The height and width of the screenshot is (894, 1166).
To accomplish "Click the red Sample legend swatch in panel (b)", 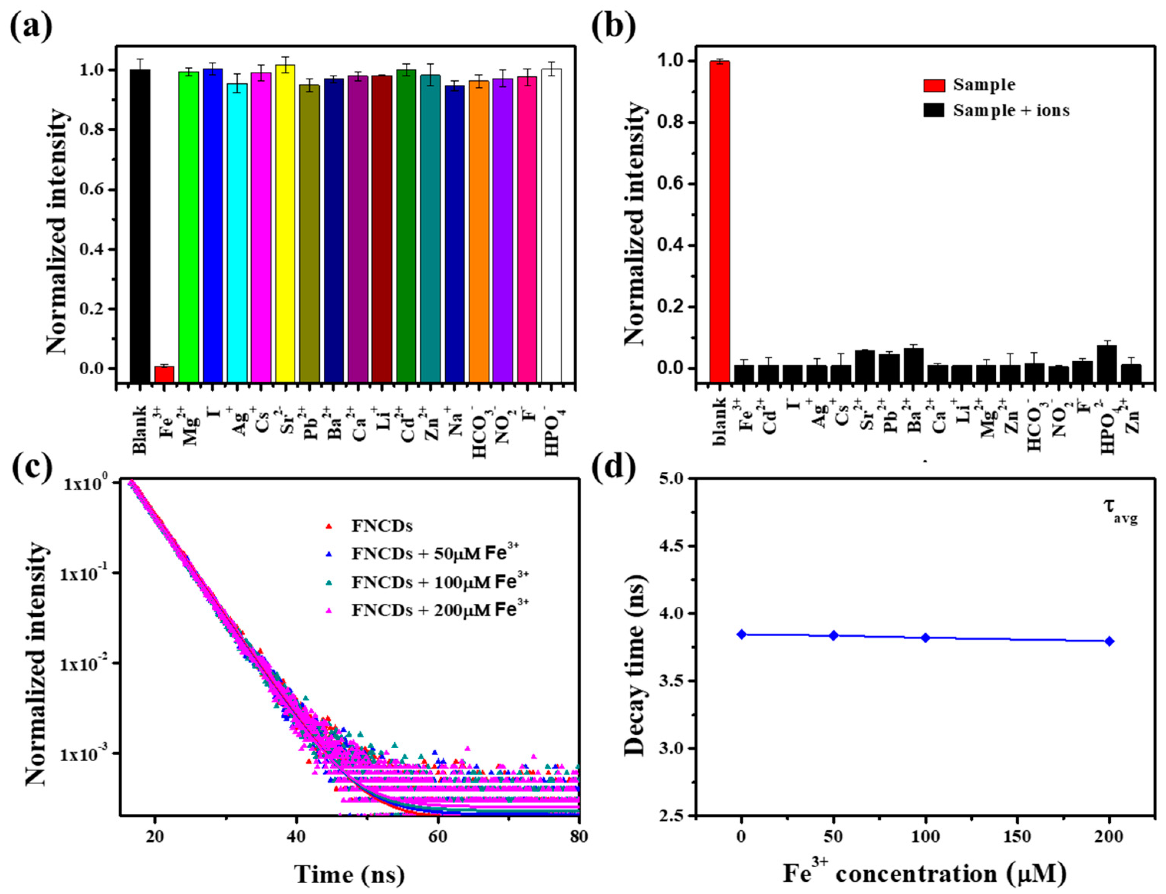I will (x=934, y=85).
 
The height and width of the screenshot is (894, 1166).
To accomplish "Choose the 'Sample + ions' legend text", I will (x=1011, y=111).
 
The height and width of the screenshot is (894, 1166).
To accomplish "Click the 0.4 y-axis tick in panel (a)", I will (x=95, y=250).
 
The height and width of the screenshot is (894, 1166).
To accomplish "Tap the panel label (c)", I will (x=31, y=468).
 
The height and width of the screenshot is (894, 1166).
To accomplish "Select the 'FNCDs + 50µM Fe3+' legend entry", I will (x=434, y=554).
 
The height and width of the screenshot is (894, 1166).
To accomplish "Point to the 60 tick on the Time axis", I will (x=438, y=836).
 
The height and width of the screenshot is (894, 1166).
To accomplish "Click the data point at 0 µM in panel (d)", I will (x=741, y=634).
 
